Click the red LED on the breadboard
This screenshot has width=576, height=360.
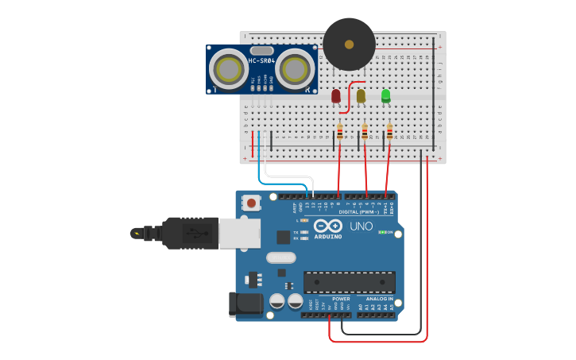336,96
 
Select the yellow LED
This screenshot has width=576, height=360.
361,96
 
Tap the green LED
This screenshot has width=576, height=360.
386,96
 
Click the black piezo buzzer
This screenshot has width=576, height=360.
349,45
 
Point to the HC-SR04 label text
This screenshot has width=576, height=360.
261,61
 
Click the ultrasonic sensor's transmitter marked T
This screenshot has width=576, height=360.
228,70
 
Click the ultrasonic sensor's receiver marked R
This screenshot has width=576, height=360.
295,70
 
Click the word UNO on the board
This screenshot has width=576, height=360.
361,227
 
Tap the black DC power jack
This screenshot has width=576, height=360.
244,304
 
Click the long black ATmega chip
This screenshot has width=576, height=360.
349,282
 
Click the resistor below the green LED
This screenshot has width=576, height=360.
389,131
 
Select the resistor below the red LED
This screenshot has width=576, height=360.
340,131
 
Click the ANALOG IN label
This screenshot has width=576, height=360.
379,299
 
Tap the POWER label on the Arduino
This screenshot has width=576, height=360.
329,299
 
